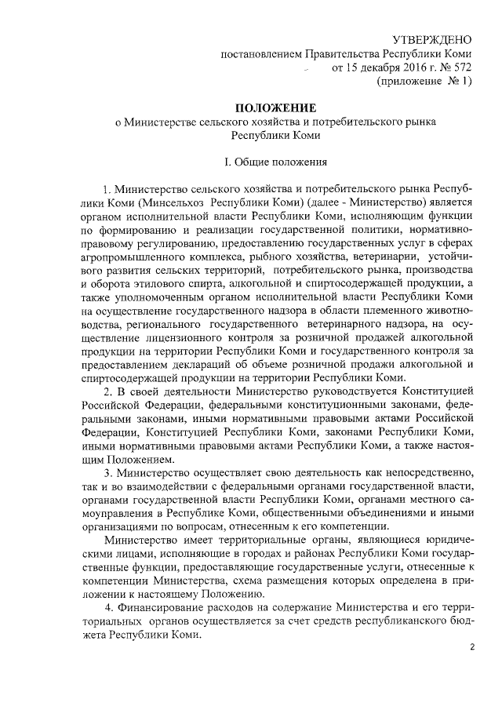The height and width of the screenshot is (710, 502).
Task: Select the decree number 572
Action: pyautogui.click(x=459, y=67)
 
